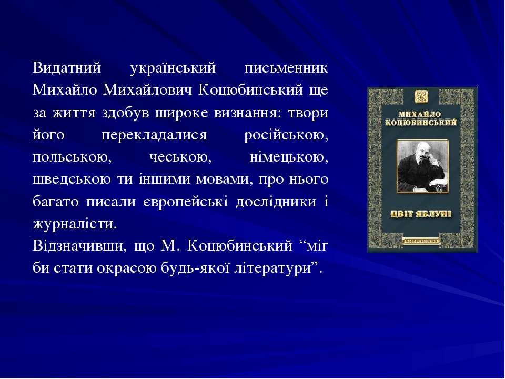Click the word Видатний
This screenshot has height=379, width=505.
pos(67,68)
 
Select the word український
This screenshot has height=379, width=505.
pos(173,68)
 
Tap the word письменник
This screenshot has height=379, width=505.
pos(286,68)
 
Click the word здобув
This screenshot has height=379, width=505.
pos(126,113)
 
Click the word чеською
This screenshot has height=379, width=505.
pos(180,157)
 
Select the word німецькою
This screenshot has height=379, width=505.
pos(289,157)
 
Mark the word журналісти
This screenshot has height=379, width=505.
pos(75,224)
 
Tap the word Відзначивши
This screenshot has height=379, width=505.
pos(78,246)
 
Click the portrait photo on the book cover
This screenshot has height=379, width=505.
pos(422,166)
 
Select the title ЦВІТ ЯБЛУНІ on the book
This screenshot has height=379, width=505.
pos(421,214)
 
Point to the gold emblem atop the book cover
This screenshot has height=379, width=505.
pos(421,96)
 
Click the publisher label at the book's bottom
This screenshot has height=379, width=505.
pos(421,241)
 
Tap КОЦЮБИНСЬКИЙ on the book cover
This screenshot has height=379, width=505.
pos(421,123)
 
